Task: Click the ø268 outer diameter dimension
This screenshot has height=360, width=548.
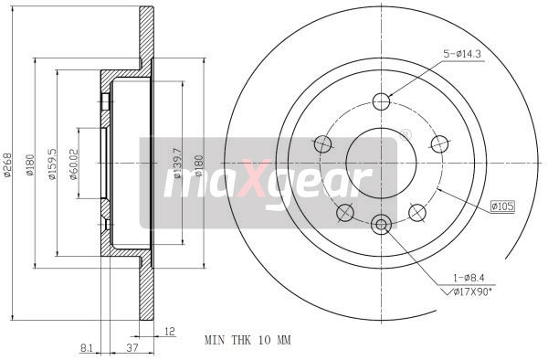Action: [8, 164]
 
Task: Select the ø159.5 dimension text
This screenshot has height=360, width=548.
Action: [53, 164]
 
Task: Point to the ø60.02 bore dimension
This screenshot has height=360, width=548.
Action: [73, 164]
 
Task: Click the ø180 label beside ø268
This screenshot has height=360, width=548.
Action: [30, 164]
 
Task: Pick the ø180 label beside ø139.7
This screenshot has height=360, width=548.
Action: [199, 164]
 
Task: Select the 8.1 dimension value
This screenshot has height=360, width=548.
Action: [85, 347]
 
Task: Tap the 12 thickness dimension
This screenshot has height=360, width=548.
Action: [170, 333]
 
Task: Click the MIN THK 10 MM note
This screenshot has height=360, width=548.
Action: [248, 340]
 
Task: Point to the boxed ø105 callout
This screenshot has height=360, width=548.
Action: [502, 206]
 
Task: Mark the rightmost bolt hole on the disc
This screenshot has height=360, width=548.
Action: [440, 143]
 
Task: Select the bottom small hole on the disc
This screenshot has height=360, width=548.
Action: [382, 221]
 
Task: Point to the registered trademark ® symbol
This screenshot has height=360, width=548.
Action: [406, 134]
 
